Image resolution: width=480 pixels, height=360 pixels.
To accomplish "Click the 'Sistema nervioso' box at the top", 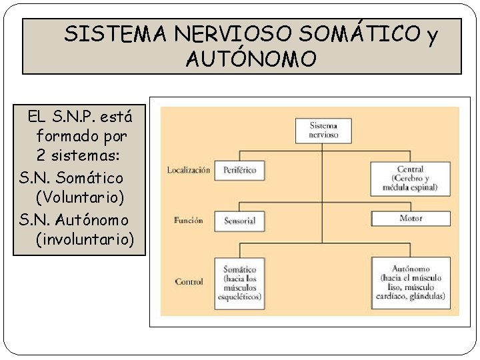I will click(323, 131).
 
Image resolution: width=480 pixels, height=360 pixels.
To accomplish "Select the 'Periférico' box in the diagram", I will click(240, 170).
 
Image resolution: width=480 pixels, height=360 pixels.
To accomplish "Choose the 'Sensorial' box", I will click(240, 221).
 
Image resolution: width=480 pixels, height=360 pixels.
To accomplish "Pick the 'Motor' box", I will click(411, 219).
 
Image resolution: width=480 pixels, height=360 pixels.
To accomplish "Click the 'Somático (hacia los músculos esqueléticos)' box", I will click(240, 283).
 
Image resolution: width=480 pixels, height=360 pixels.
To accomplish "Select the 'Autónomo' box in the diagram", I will click(411, 283).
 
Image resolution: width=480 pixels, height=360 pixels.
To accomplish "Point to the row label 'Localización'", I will click(188, 170).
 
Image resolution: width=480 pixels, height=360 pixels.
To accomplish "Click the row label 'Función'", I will click(188, 220).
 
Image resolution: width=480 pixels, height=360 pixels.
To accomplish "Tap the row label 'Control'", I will click(189, 282).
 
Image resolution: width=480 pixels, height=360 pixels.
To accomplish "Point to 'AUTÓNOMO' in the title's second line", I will click(251, 60).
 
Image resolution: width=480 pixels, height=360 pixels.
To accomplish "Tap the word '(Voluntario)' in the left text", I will click(81, 199).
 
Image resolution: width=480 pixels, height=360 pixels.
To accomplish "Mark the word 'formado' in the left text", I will click(67, 137).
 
